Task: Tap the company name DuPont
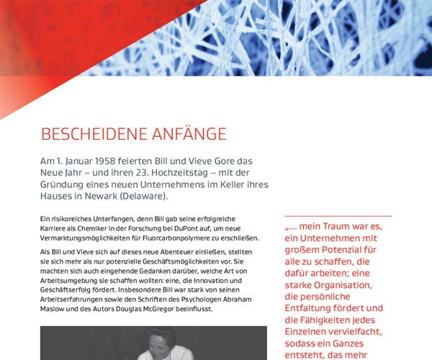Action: [x=189, y=228]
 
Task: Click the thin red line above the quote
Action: [x=338, y=216]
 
